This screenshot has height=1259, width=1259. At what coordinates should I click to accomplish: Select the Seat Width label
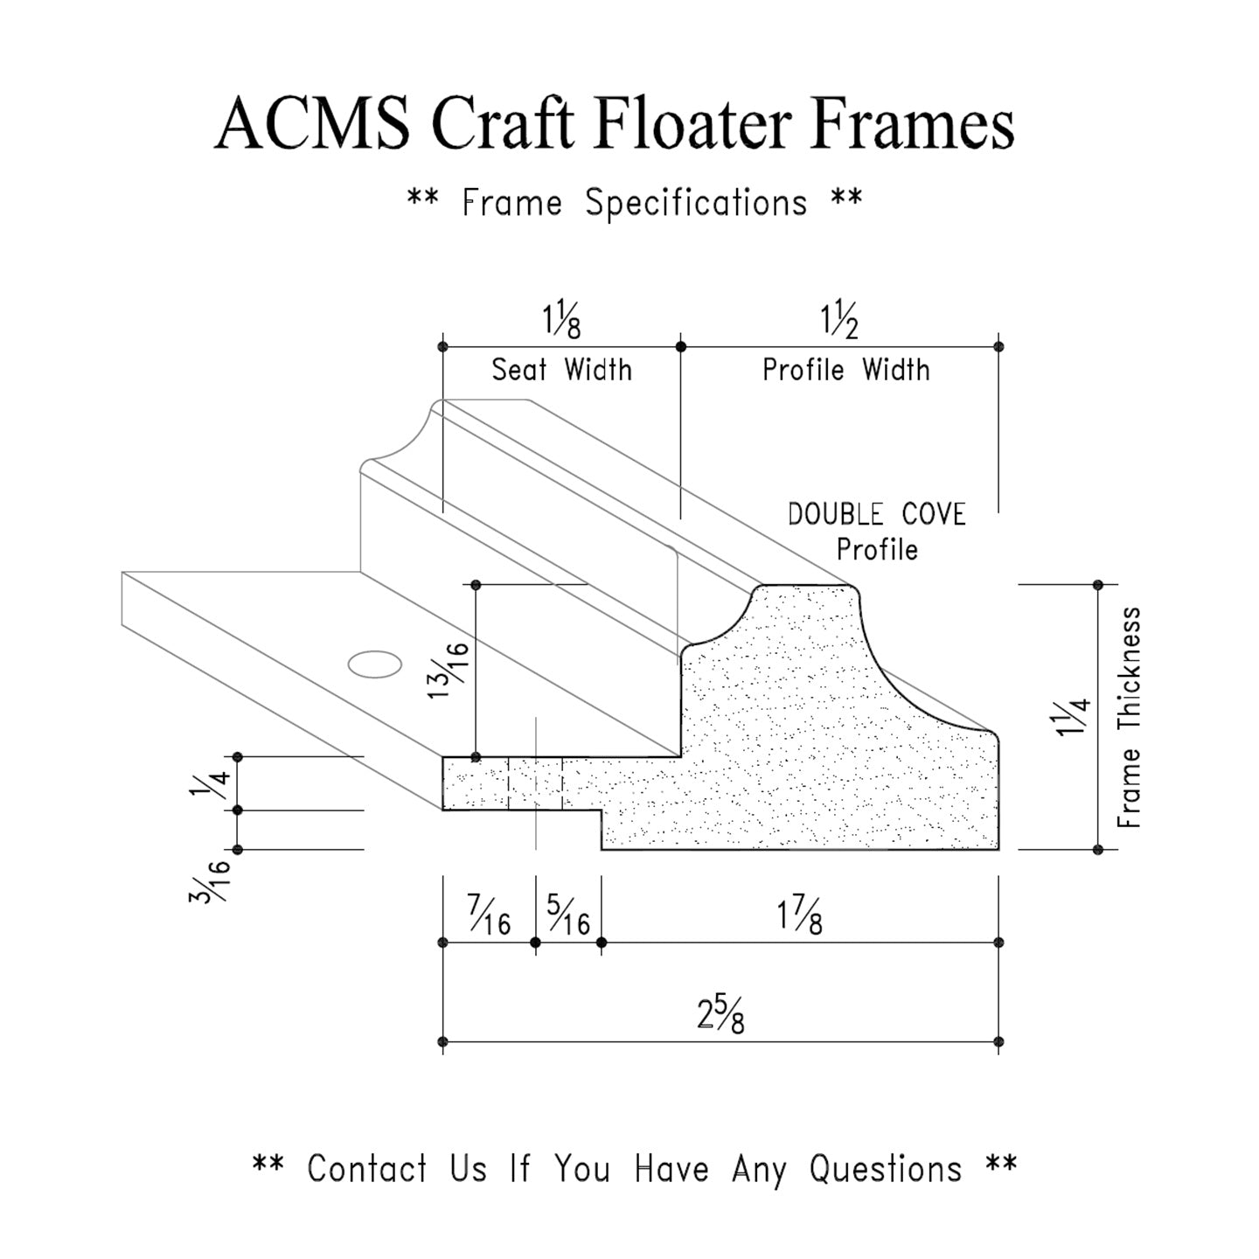[x=561, y=370]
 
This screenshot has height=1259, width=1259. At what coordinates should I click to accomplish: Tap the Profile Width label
[x=845, y=370]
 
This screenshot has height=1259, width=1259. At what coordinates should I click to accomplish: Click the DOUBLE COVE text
[x=876, y=514]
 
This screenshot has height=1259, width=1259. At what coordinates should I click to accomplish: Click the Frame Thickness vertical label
[x=1130, y=717]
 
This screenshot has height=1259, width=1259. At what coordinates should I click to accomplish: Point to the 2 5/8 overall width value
[x=720, y=1016]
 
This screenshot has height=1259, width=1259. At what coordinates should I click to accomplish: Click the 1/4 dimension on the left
[x=210, y=783]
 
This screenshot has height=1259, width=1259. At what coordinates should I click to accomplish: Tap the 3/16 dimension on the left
[x=210, y=881]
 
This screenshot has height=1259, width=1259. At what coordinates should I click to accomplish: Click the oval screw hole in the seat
[x=375, y=664]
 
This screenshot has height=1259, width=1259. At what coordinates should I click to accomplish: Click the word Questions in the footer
[x=885, y=1169]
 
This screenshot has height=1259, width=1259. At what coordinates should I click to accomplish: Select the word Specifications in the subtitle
[x=696, y=204]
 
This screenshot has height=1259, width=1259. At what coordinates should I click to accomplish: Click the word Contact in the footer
[x=367, y=1169]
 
